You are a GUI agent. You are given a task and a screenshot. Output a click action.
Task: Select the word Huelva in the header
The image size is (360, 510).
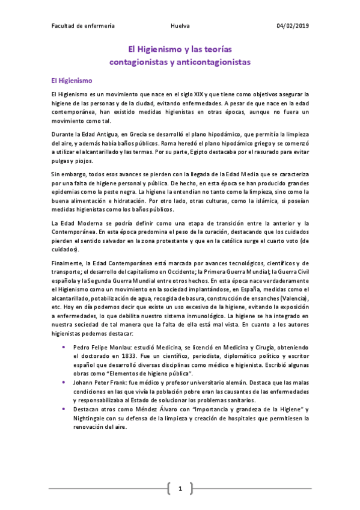pyautogui.click(x=180, y=26)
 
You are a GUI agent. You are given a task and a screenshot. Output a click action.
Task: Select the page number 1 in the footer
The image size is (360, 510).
pyautogui.click(x=180, y=489)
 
